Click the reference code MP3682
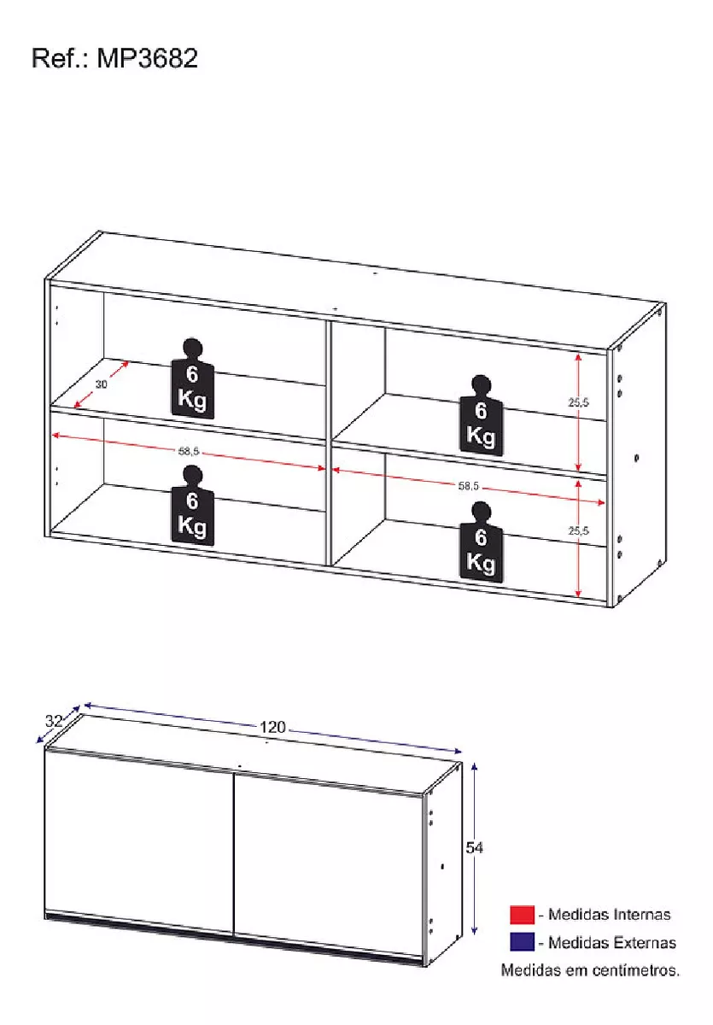(147, 58)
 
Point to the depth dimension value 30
(102, 384)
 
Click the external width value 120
(272, 728)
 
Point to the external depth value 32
(53, 721)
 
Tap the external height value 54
(475, 847)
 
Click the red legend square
(522, 915)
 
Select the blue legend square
(522, 942)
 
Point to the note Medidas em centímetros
(590, 969)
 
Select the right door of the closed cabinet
(329, 858)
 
